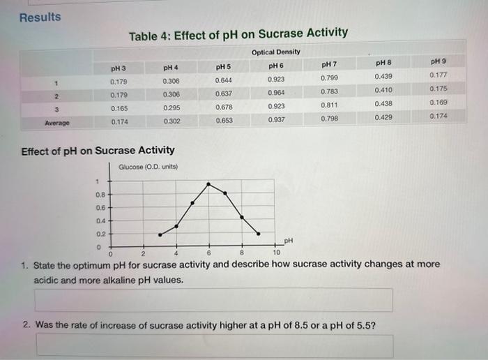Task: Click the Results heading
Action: (40, 17)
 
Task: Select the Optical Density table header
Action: (275, 52)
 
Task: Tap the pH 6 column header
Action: (275, 66)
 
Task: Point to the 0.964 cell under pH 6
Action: (276, 93)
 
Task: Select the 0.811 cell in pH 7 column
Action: (330, 105)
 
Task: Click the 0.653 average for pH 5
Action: (224, 120)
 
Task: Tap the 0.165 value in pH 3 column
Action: (119, 109)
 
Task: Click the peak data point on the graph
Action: (208, 184)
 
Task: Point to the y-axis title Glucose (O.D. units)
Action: (148, 167)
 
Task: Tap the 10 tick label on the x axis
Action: (276, 253)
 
